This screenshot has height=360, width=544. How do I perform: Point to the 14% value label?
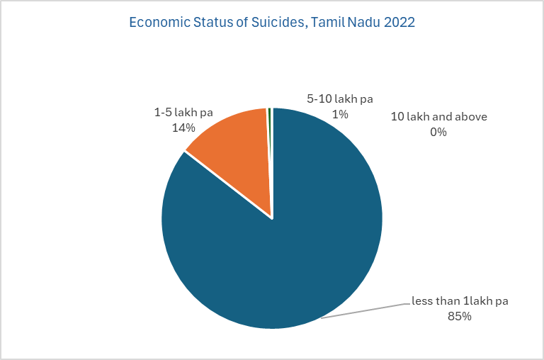coord(183,128)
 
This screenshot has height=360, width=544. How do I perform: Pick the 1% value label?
coord(341,113)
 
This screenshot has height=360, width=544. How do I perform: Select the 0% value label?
coord(438,132)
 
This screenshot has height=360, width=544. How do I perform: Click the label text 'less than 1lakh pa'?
coord(460,301)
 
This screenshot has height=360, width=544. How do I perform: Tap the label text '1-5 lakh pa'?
coord(183,112)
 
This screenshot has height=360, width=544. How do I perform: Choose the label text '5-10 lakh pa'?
coord(341,99)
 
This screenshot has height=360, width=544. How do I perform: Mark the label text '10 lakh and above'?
coord(438,116)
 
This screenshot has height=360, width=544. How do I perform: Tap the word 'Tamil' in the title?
coord(326,23)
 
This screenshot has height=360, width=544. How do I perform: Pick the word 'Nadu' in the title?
coord(361,23)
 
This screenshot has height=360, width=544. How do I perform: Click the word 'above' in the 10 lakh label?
coord(471,116)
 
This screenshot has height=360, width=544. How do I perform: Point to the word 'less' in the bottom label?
coord(422,301)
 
